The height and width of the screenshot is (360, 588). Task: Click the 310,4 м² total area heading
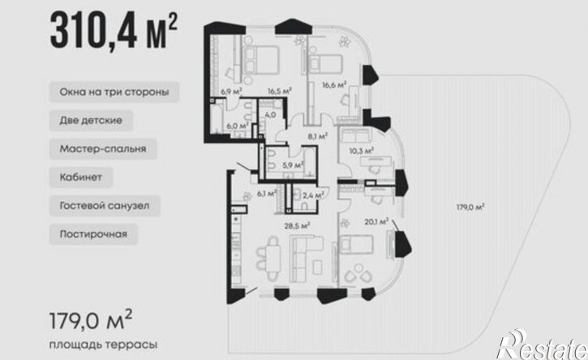point(114,31)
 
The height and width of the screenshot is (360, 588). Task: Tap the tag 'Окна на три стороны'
point(114,92)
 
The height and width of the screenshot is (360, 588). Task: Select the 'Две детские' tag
point(91,120)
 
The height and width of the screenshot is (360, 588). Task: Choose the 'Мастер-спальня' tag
point(103,149)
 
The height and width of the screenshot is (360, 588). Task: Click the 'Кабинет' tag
point(80,177)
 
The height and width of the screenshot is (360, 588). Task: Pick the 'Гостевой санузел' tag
point(105,205)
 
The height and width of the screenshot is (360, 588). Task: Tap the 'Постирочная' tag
point(93,234)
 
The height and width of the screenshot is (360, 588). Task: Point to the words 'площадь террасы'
point(103,345)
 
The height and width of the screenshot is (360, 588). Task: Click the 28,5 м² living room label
point(297,225)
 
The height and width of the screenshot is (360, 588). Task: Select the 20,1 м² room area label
point(376,222)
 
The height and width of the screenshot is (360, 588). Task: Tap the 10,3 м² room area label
point(362,151)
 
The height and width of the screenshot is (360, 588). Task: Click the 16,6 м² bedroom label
point(334,85)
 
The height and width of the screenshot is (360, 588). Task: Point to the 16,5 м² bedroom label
point(279,91)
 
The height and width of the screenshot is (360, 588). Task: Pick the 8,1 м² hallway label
point(318,136)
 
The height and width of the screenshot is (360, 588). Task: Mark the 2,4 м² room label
point(314,195)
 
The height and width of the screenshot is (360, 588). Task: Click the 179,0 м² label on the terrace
point(470,207)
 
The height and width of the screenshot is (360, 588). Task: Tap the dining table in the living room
point(273,259)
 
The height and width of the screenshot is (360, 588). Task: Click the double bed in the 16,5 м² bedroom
point(261,60)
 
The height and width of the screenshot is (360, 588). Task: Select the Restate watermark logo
point(542,345)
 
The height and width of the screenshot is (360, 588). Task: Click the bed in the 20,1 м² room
point(356,245)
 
